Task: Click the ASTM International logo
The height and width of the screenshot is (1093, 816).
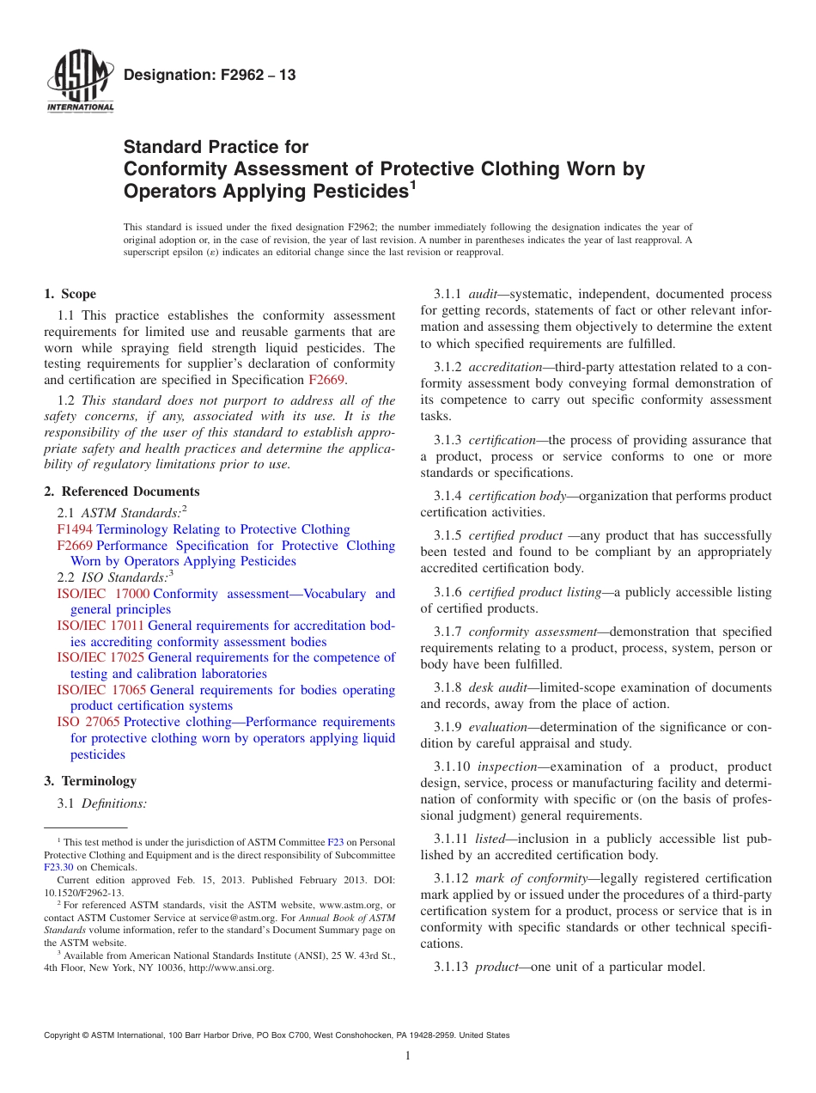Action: [79, 82]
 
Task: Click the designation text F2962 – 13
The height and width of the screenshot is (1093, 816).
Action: [210, 75]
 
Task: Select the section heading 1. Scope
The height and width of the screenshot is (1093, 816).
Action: [70, 294]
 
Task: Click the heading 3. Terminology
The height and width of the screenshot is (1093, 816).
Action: [90, 781]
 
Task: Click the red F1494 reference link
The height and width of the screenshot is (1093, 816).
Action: [75, 529]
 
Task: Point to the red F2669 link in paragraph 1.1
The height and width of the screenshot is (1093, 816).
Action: [326, 380]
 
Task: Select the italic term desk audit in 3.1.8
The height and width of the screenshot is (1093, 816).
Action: [499, 687]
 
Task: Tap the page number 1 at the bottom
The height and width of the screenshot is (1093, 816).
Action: [408, 1056]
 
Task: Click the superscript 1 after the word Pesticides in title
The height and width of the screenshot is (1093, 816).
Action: [412, 183]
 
